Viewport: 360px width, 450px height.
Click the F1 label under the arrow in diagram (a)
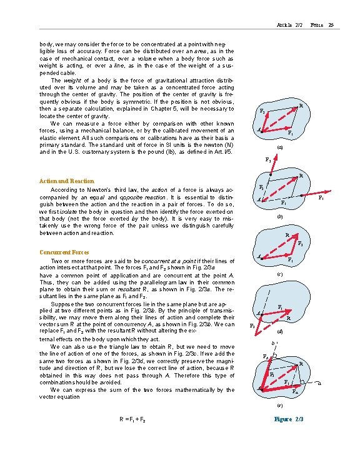coord(289,133)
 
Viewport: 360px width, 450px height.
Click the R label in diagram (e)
coord(301,364)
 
